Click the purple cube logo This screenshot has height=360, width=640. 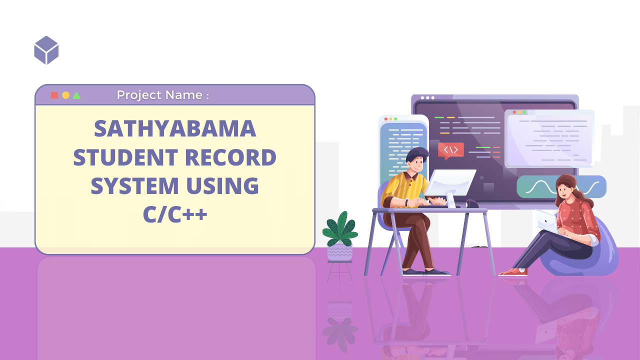[x=46, y=50]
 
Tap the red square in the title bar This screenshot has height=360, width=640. [x=54, y=95]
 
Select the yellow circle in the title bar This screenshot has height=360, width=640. [x=65, y=95]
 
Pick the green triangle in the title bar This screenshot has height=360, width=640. [x=76, y=95]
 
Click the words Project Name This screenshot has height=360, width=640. [x=162, y=95]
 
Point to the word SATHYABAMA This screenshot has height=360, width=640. [x=175, y=129]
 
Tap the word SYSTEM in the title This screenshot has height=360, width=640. [x=134, y=186]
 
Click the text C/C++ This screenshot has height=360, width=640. [x=175, y=214]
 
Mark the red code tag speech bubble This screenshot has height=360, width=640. [x=450, y=150]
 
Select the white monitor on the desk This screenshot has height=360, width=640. [x=449, y=182]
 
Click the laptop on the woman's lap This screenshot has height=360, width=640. [x=545, y=220]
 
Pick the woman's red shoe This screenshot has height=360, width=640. [x=513, y=272]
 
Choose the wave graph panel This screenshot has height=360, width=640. [x=561, y=187]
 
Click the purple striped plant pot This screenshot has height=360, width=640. [x=340, y=252]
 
